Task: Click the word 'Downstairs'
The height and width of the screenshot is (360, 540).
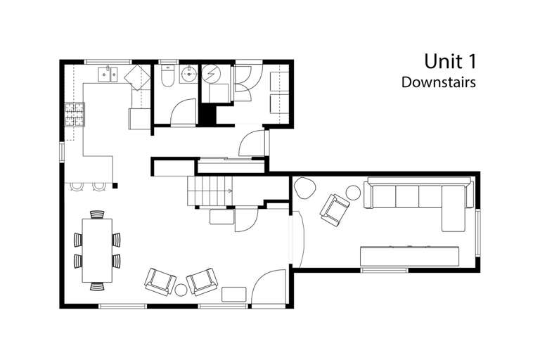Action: [x=439, y=82]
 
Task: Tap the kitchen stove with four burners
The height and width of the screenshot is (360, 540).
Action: [x=74, y=115]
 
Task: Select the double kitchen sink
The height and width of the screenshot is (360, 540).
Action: [x=108, y=72]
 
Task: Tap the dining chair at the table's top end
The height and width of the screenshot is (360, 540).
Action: [x=97, y=214]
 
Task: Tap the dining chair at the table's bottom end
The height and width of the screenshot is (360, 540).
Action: [x=97, y=285]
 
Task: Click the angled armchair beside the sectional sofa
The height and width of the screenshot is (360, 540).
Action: [x=335, y=209]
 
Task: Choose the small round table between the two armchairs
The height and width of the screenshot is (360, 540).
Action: [x=181, y=289]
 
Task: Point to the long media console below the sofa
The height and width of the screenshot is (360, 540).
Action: [x=411, y=255]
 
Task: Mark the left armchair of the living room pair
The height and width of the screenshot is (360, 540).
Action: [x=160, y=281]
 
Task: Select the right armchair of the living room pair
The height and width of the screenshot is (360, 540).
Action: [x=202, y=281]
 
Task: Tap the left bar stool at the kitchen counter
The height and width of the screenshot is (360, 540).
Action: [x=77, y=186]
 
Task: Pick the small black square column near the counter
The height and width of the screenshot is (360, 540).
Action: [x=115, y=186]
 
